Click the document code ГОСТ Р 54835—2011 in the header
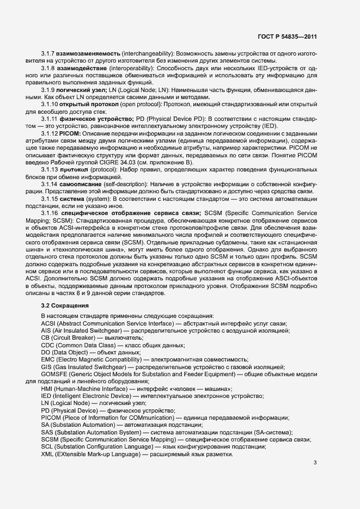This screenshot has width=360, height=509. coord(287,36)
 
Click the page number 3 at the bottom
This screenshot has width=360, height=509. coord(315,463)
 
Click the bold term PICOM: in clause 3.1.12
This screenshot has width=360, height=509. coord(72,133)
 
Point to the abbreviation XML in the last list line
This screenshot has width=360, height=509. coord(48,454)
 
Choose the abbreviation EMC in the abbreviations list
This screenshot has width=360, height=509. coord(48,359)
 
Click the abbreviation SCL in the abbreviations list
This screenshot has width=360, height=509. coord(47,447)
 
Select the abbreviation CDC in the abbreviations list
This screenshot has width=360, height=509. coord(48,345)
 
